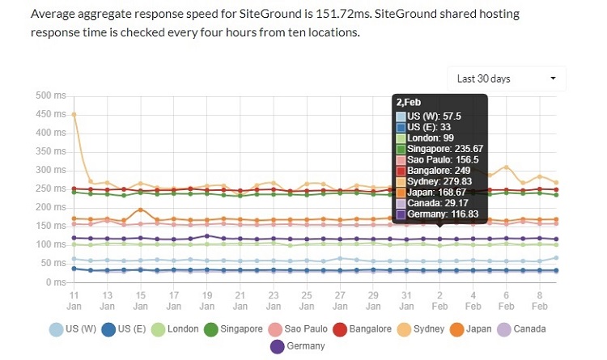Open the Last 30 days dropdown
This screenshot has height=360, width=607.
[506, 78]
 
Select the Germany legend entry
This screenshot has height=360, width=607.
[299, 346]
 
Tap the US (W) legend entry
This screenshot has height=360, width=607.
[75, 329]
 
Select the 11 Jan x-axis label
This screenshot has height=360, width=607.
[74, 301]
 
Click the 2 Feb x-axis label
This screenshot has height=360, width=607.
[439, 301]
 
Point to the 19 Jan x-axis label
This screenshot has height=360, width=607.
[207, 301]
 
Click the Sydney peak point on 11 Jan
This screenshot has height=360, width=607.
[74, 114]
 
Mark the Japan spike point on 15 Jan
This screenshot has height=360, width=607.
[141, 210]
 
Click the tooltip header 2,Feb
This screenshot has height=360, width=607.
[408, 103]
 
